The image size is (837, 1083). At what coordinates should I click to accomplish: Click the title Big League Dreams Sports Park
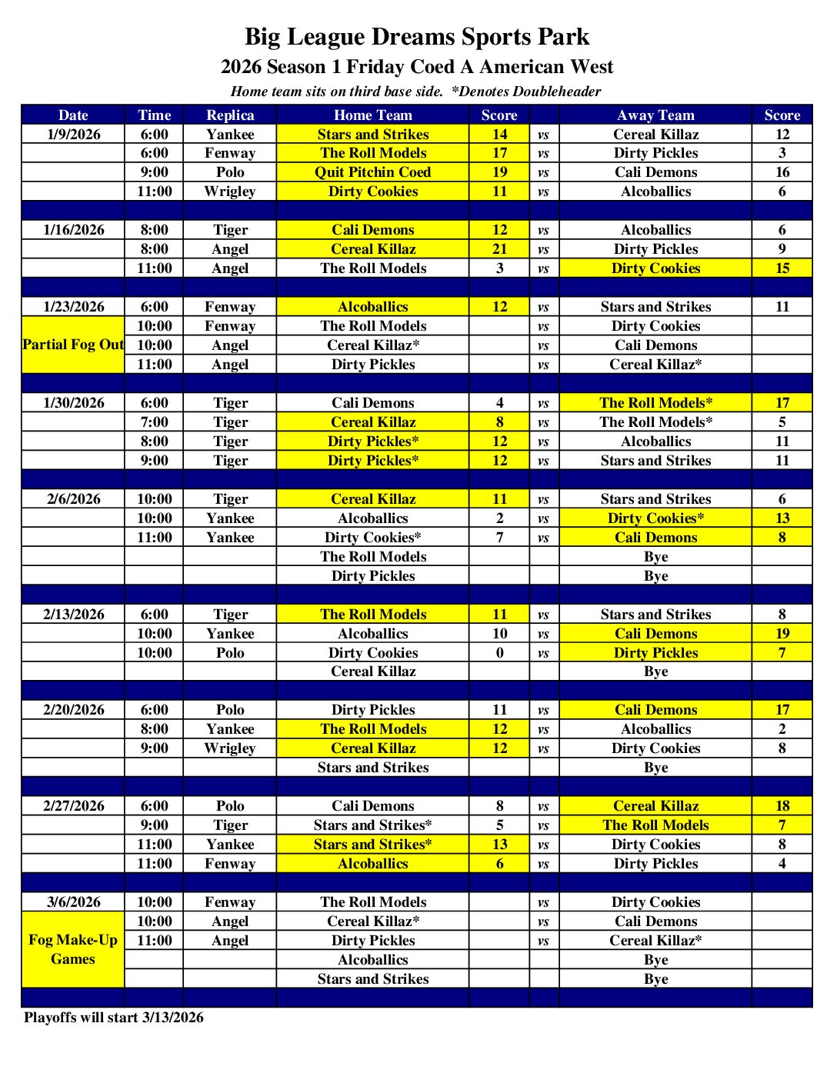pyautogui.click(x=417, y=37)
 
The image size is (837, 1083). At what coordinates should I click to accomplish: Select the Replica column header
pyautogui.click(x=230, y=115)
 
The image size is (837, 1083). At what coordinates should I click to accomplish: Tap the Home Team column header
pyautogui.click(x=373, y=115)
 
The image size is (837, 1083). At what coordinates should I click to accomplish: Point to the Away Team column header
pyautogui.click(x=655, y=115)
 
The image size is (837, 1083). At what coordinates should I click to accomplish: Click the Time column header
pyautogui.click(x=155, y=115)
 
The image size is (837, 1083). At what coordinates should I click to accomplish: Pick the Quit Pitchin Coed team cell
pyautogui.click(x=373, y=172)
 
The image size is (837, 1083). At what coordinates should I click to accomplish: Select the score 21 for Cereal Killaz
pyautogui.click(x=500, y=249)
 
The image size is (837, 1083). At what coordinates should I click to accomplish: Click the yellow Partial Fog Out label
pyautogui.click(x=73, y=345)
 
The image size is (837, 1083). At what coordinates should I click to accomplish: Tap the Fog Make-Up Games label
pyautogui.click(x=73, y=949)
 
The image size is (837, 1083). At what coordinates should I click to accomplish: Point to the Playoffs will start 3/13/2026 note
pyautogui.click(x=114, y=1018)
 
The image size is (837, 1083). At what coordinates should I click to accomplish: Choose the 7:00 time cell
pyautogui.click(x=155, y=422)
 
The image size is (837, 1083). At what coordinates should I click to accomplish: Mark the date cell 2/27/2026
pyautogui.click(x=74, y=806)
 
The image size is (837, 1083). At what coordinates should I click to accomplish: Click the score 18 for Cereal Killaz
pyautogui.click(x=782, y=806)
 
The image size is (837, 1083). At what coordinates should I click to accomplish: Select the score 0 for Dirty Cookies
pyautogui.click(x=500, y=653)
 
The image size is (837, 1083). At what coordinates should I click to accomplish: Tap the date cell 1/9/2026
pyautogui.click(x=74, y=135)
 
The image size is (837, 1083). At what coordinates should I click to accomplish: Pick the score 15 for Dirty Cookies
pyautogui.click(x=782, y=268)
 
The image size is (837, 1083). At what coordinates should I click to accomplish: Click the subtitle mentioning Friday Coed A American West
pyautogui.click(x=417, y=67)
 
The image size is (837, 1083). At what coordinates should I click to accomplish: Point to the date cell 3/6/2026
pyautogui.click(x=74, y=902)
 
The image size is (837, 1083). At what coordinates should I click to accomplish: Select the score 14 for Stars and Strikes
pyautogui.click(x=500, y=135)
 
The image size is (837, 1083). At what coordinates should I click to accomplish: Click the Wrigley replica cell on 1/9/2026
pyautogui.click(x=230, y=192)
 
